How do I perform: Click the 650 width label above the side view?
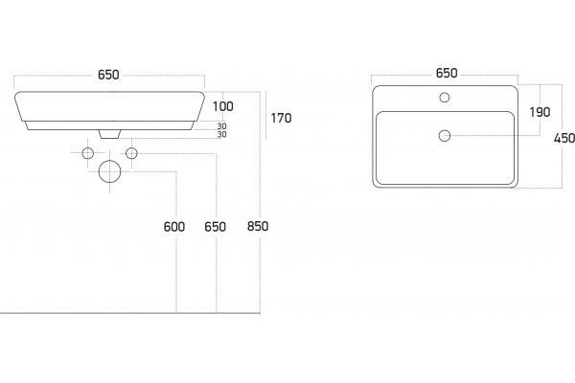pyautogui.click(x=108, y=75)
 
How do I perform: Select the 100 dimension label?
pyautogui.click(x=223, y=106)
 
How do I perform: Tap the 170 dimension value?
pyautogui.click(x=281, y=118)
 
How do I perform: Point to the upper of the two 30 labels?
pyautogui.click(x=222, y=126)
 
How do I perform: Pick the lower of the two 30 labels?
pyautogui.click(x=222, y=134)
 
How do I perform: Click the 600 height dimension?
pyautogui.click(x=174, y=227)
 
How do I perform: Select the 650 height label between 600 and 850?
pyautogui.click(x=215, y=227)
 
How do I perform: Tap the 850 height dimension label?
pyautogui.click(x=258, y=226)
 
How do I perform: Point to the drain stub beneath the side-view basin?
pyautogui.click(x=109, y=134)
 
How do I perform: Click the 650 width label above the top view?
pyautogui.click(x=447, y=74)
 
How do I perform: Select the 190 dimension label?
pyautogui.click(x=540, y=112)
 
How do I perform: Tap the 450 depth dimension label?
pyautogui.click(x=564, y=138)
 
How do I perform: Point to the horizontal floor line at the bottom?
pyautogui.click(x=130, y=313)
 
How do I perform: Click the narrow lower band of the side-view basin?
pyautogui.click(x=109, y=125)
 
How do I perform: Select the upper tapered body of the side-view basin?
pyautogui.click(x=109, y=106)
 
